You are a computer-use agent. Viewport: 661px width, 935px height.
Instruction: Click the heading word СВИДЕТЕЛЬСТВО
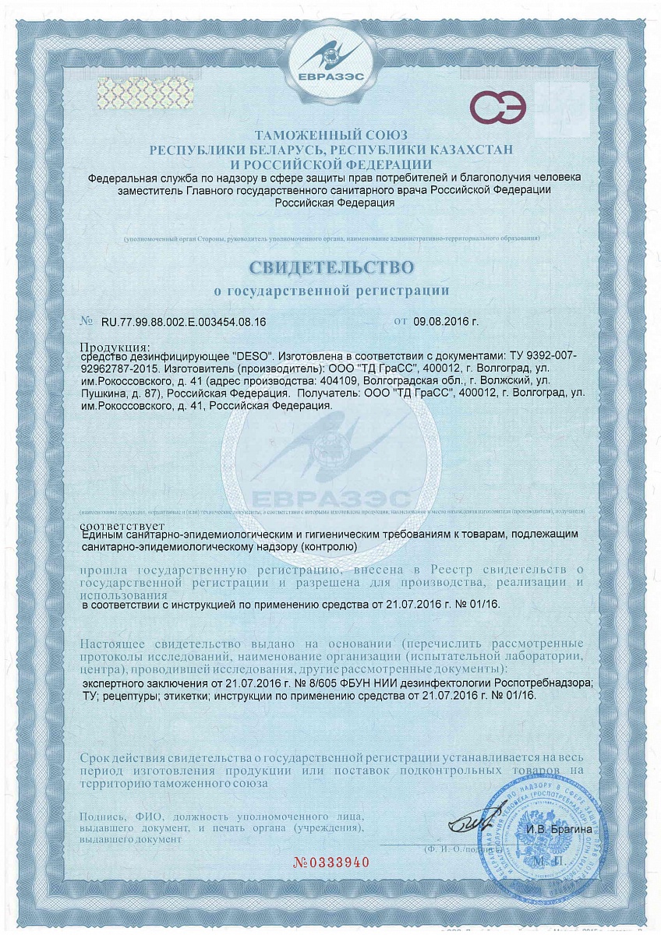tap(331, 267)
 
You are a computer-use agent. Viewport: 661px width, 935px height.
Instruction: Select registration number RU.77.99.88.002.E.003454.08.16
tap(184, 321)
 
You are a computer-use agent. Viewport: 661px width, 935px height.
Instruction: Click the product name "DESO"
tap(248, 355)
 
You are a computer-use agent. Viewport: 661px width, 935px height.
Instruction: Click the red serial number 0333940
tap(330, 863)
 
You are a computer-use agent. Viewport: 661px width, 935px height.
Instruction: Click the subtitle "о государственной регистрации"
tap(331, 291)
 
